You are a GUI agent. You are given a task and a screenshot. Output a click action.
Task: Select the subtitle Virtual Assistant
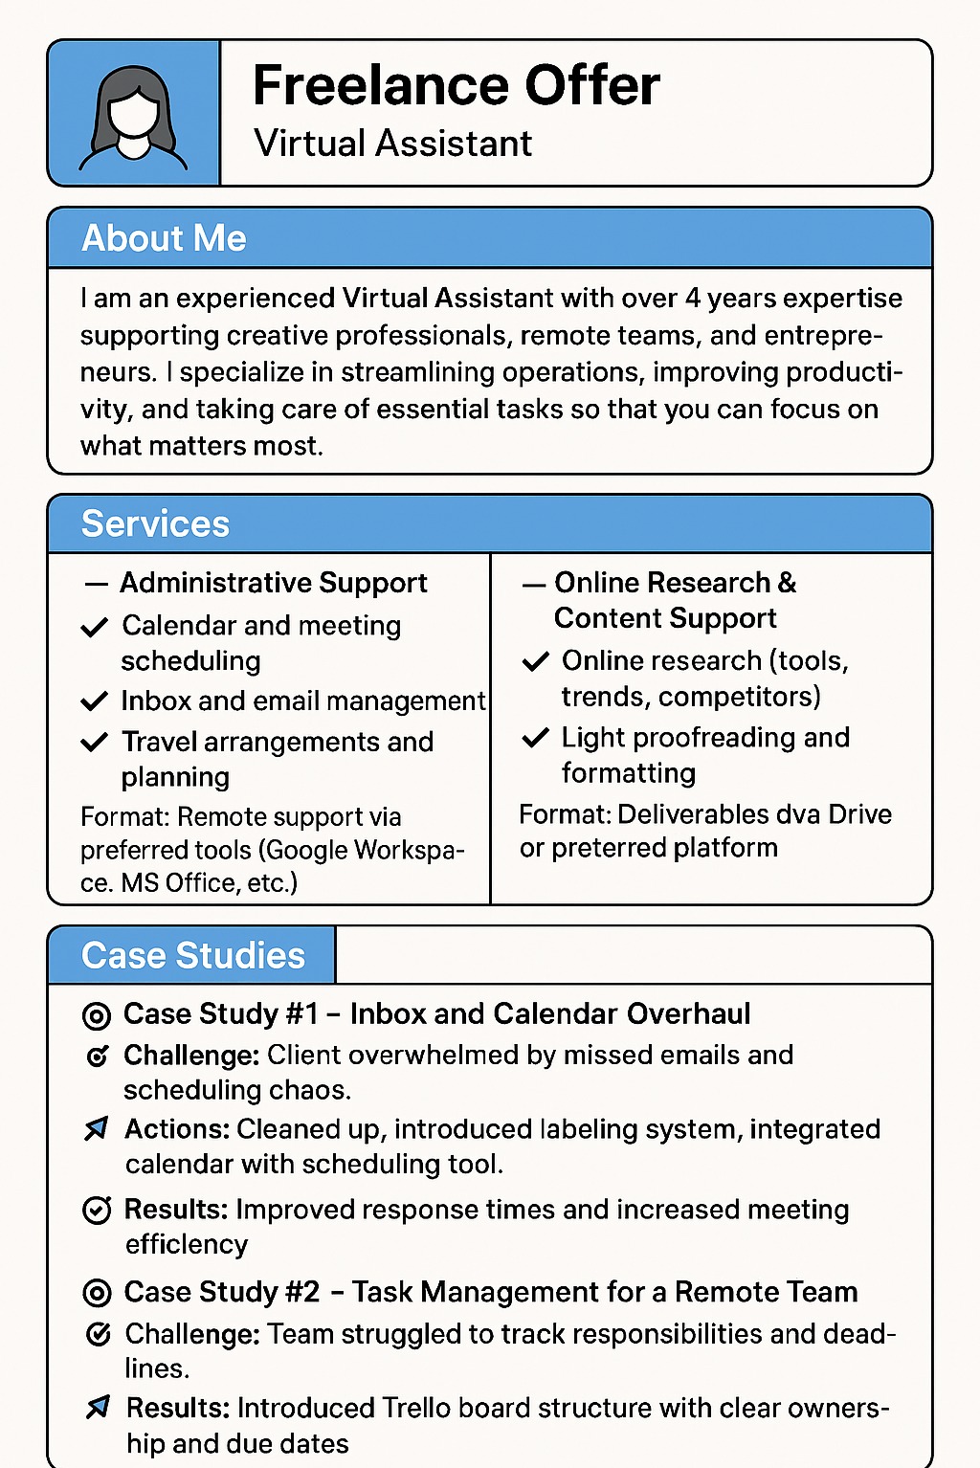[x=392, y=144]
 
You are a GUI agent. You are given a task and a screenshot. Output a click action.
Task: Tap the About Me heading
[x=164, y=238]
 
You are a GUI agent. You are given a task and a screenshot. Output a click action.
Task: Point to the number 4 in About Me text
[x=693, y=299]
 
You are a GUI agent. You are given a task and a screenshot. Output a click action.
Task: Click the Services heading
[x=155, y=524]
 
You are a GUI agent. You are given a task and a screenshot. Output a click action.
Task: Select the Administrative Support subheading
[x=273, y=583]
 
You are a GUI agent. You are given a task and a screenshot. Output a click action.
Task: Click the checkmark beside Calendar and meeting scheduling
[x=94, y=628]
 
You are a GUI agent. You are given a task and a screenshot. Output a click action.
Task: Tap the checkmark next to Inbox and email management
[x=94, y=701]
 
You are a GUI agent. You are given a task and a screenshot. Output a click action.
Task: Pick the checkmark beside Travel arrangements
[x=94, y=743]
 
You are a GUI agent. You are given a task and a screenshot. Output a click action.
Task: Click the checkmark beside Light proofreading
[x=535, y=738]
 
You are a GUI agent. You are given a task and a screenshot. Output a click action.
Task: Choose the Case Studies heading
[x=192, y=956]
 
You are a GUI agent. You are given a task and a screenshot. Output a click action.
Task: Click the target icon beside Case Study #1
[x=97, y=1015]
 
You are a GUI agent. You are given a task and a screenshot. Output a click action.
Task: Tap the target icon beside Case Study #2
[x=97, y=1293]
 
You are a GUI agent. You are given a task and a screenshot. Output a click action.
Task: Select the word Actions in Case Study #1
[x=176, y=1129]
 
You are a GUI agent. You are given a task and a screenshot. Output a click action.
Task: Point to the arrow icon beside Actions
[x=97, y=1129]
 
